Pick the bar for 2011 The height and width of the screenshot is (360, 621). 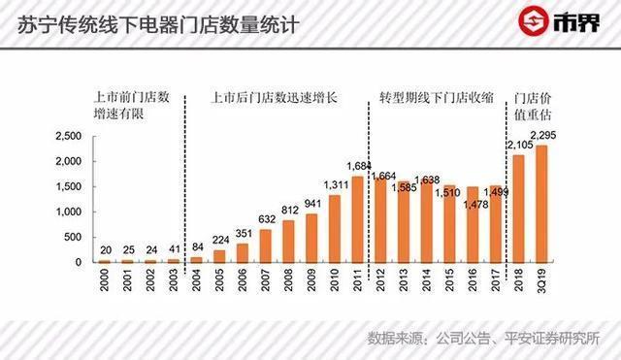pyautogui.click(x=358, y=219)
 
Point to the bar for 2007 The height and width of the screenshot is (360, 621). pyautogui.click(x=266, y=245)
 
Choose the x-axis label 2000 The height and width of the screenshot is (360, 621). pyautogui.click(x=105, y=280)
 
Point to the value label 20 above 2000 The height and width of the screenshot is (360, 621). pyautogui.click(x=104, y=249)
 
